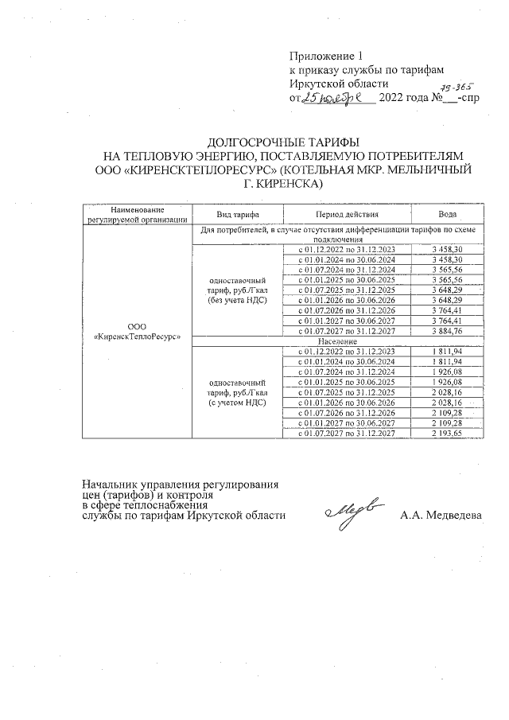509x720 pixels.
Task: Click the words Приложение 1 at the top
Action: click(x=325, y=56)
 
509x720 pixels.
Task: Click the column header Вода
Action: click(x=448, y=215)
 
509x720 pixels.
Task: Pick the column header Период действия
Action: click(x=347, y=215)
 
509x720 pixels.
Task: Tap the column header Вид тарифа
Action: click(x=235, y=215)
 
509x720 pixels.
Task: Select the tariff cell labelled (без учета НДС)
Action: click(x=236, y=290)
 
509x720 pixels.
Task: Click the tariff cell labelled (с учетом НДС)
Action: click(x=236, y=393)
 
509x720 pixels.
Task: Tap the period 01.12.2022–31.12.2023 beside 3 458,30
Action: click(x=346, y=249)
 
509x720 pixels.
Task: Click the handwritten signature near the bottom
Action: click(x=356, y=511)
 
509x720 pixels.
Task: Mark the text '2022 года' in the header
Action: click(x=403, y=99)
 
